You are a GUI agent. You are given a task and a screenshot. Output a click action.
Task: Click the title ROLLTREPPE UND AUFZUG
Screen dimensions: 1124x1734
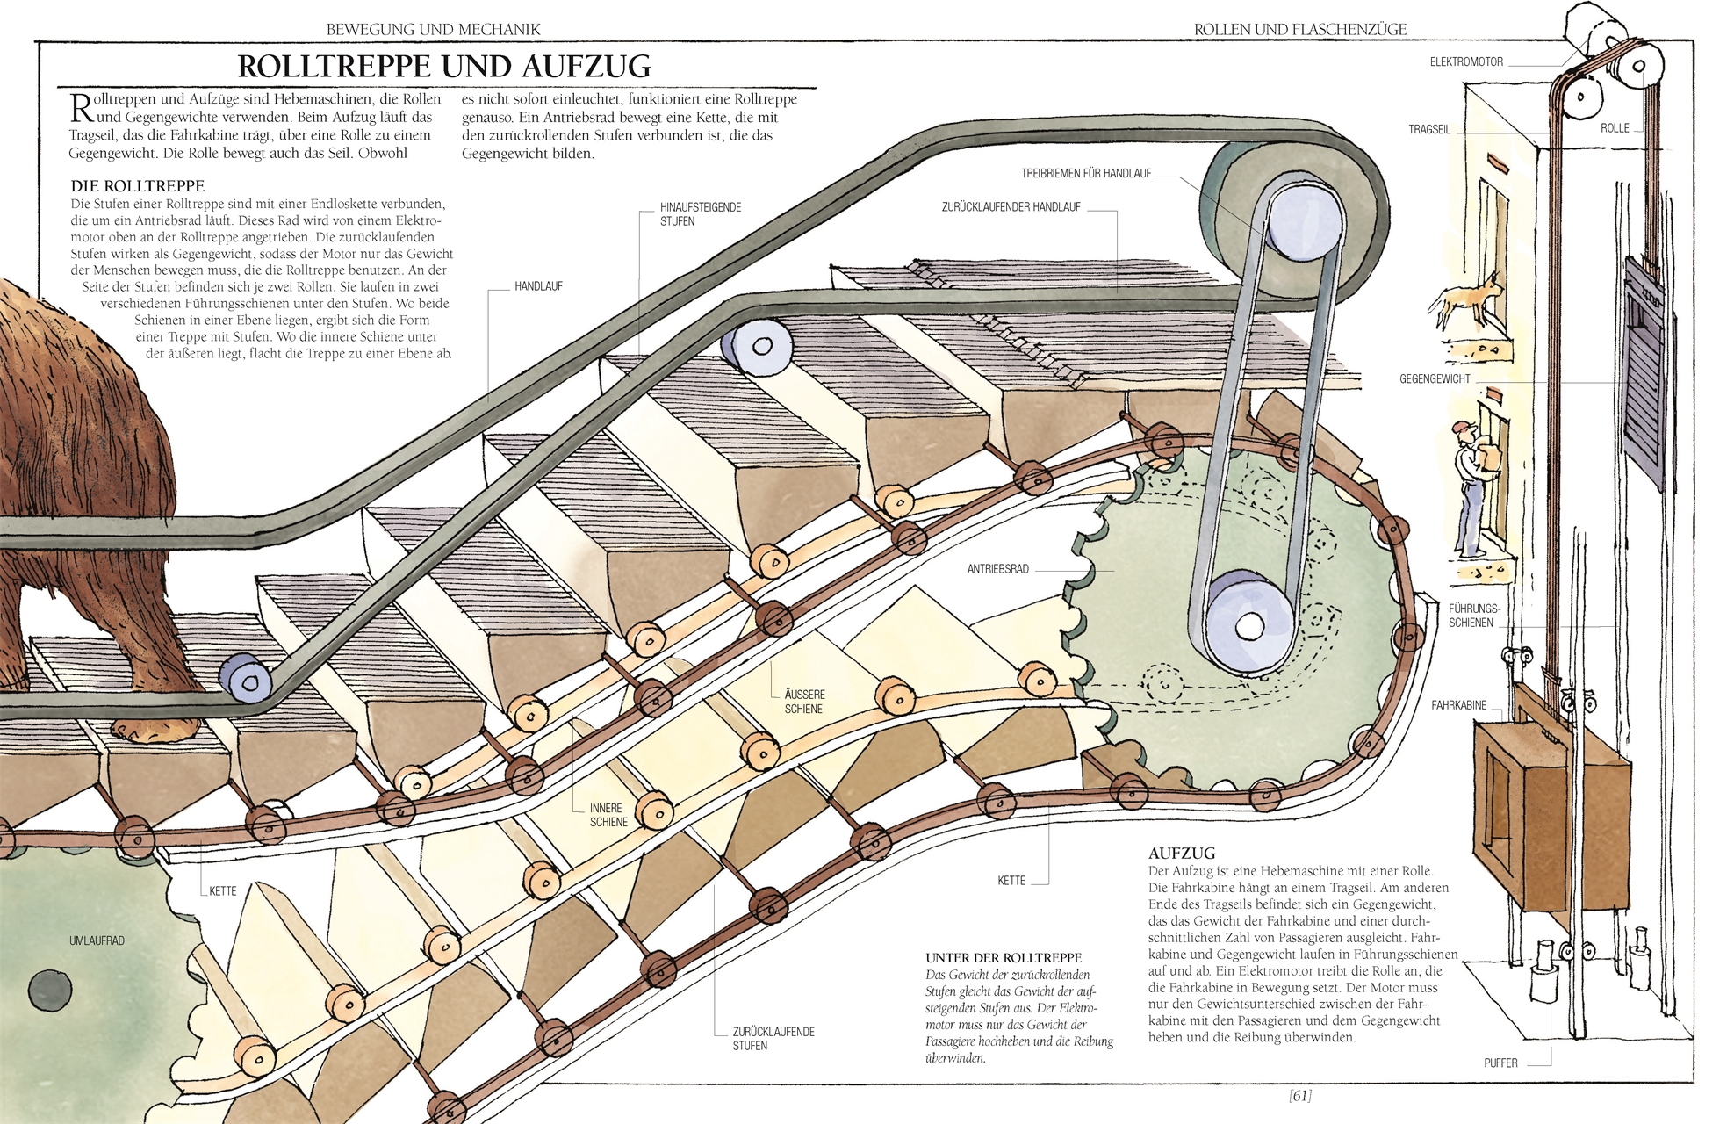(444, 67)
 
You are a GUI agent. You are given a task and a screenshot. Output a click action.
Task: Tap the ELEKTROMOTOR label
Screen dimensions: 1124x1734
(1466, 62)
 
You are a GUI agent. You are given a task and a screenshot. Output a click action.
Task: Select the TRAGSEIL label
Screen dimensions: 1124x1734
(1429, 130)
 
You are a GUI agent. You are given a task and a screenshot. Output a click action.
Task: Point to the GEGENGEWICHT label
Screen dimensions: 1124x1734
(1435, 379)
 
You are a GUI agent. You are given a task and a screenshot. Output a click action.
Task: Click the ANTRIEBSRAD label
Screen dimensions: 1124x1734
(997, 569)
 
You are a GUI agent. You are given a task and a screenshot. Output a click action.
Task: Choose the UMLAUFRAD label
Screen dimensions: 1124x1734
(97, 941)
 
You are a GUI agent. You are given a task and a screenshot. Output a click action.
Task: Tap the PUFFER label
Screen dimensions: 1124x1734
(1500, 1063)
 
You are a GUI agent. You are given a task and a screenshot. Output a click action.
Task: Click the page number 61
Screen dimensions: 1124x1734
(1300, 1096)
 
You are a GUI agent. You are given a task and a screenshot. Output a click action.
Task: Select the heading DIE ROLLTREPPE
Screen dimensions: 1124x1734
(138, 186)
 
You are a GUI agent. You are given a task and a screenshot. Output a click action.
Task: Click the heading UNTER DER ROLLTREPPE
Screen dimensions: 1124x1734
(1004, 958)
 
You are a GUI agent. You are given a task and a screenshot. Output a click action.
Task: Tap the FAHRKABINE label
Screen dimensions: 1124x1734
(1458, 705)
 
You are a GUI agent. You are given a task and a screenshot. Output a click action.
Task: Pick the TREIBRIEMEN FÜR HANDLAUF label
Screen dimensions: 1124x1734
(1086, 174)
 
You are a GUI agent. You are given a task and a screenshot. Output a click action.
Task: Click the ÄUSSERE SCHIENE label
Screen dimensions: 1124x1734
(803, 702)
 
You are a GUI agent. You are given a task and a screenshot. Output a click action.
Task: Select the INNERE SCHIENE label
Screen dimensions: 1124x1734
(608, 815)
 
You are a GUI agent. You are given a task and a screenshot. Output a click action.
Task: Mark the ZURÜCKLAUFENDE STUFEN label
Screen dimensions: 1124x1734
(773, 1039)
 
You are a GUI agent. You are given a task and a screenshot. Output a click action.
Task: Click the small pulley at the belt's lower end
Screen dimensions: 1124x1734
(1248, 623)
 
